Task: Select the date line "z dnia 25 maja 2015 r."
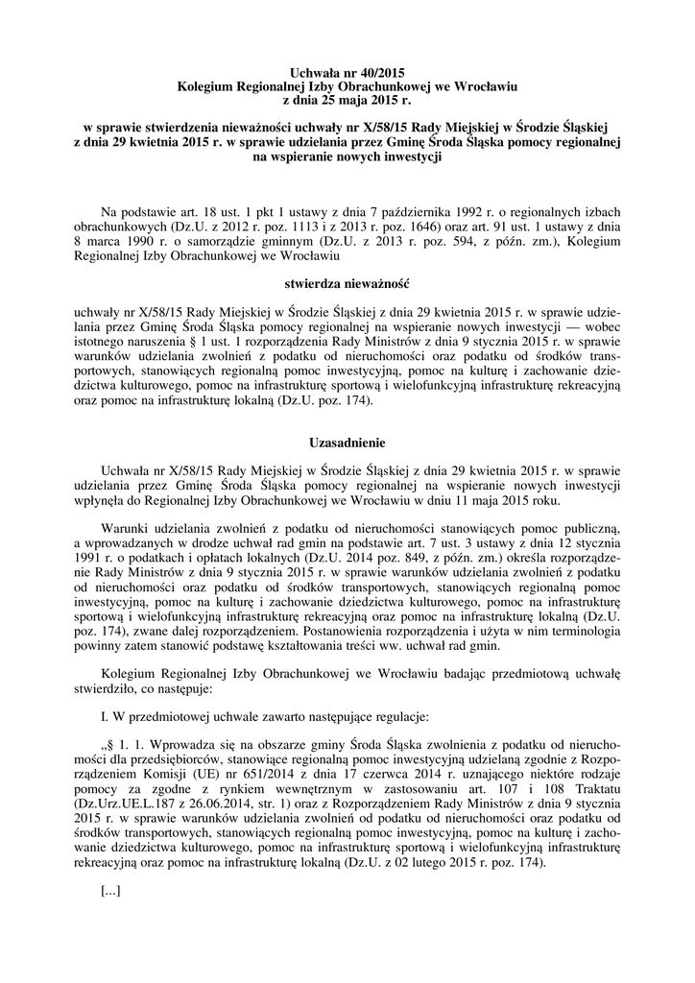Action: click(347, 98)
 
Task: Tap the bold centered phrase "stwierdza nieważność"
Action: click(347, 285)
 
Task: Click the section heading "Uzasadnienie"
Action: click(347, 443)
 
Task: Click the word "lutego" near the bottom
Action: click(446, 861)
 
